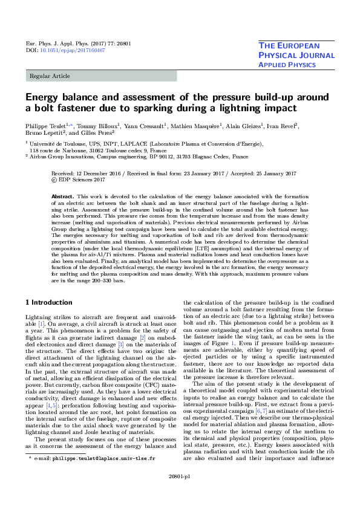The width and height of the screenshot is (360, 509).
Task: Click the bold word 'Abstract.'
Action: pos(62,197)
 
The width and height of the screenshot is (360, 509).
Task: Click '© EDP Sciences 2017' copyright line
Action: pos(79,180)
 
